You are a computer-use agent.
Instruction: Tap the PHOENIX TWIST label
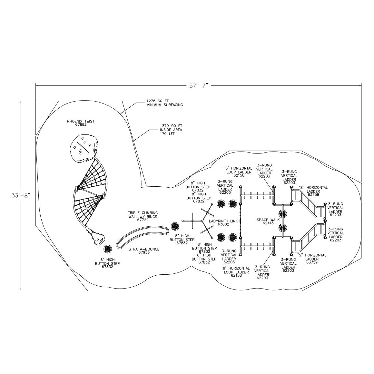click(81, 123)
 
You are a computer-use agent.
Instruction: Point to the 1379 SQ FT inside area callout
click(171, 130)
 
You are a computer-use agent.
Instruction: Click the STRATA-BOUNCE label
click(144, 251)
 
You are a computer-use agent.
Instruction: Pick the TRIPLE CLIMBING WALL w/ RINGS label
click(143, 216)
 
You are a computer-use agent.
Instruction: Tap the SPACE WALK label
click(267, 221)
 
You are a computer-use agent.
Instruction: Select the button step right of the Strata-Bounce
click(175, 226)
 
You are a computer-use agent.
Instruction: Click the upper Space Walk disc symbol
click(283, 214)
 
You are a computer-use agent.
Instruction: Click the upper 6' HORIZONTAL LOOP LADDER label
click(238, 172)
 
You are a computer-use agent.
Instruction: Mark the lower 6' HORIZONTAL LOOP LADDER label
click(236, 272)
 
